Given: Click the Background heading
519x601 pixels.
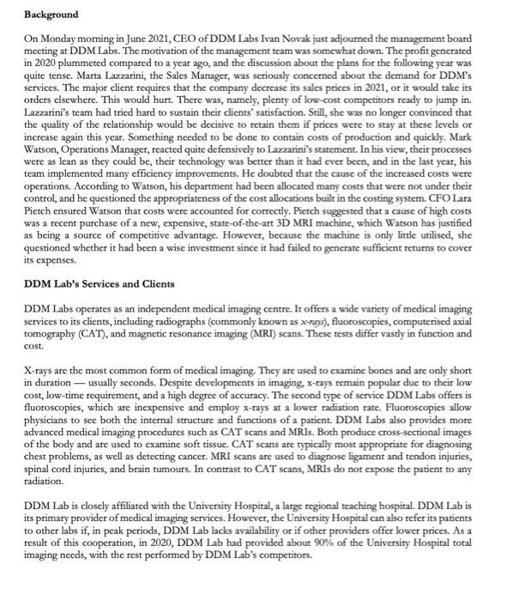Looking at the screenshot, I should [x=51, y=15].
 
